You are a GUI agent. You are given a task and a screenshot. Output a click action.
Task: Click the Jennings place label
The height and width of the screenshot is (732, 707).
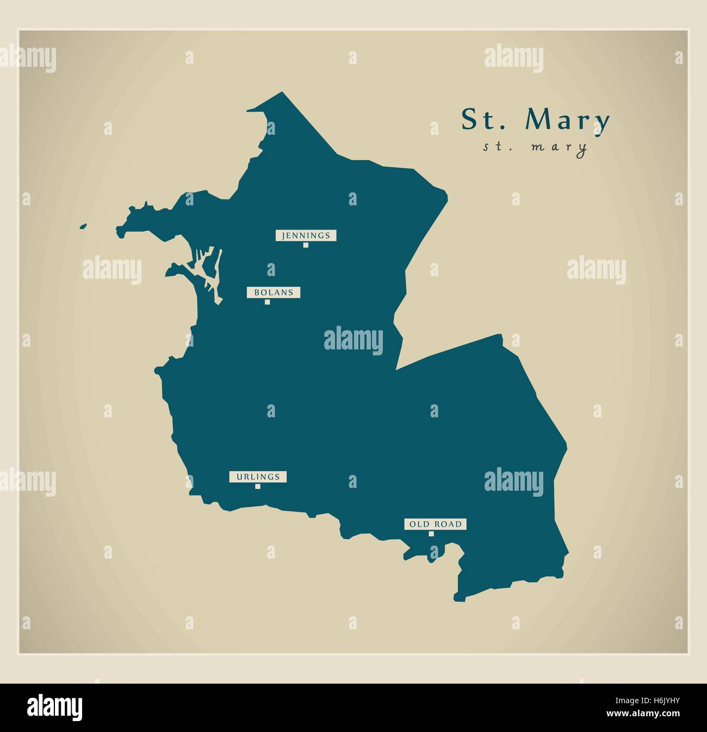(306, 235)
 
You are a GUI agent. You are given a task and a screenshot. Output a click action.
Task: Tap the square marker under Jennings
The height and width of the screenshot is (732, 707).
(306, 245)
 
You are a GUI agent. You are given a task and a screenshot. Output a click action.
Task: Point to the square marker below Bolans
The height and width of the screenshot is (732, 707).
(267, 302)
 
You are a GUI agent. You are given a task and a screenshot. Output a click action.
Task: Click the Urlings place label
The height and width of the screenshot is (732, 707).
(258, 477)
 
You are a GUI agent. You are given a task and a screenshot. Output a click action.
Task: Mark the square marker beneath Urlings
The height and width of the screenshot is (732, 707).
(258, 486)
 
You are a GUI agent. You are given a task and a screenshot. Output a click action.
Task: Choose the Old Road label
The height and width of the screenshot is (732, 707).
(435, 524)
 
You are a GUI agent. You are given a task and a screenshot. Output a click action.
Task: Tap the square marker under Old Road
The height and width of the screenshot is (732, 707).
(431, 534)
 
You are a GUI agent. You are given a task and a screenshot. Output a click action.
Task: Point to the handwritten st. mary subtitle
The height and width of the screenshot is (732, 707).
(535, 147)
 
